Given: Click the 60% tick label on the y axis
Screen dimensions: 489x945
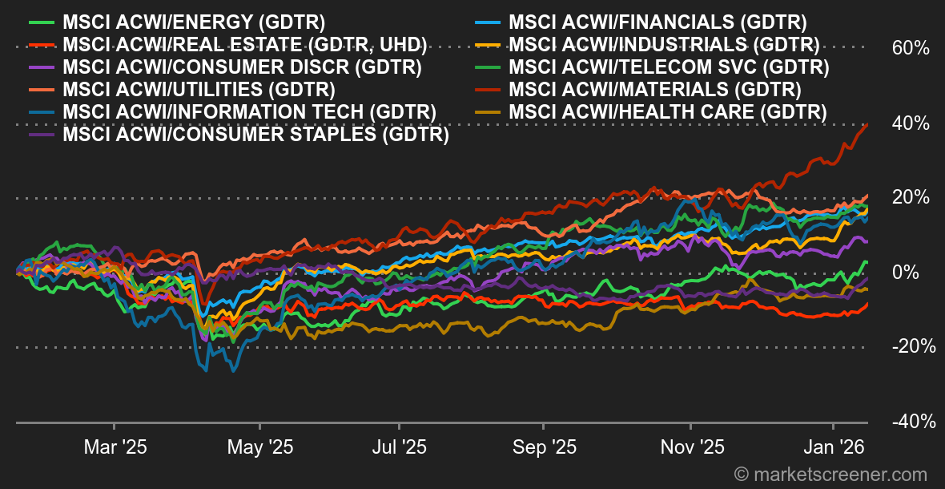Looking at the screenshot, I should click(911, 48).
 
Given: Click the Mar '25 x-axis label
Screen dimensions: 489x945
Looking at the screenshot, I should click(114, 447).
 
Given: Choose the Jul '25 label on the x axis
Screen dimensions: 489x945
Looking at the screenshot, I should click(400, 447).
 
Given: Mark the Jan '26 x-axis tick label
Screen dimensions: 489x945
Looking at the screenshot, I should click(833, 447).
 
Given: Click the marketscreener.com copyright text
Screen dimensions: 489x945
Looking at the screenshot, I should click(830, 475).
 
